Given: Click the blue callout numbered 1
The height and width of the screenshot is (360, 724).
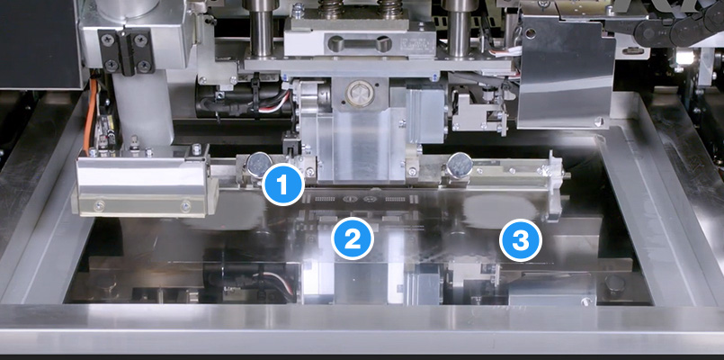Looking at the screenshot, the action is [x=282, y=184].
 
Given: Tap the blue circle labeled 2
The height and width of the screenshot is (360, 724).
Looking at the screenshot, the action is [x=353, y=238].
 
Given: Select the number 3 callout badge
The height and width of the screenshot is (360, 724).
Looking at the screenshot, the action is [x=521, y=240].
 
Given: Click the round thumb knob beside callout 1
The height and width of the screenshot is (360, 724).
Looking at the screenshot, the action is [x=259, y=165].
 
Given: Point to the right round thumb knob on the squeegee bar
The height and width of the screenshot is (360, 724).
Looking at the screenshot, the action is [x=460, y=166].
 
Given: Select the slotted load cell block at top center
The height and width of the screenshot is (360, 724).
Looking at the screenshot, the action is [x=359, y=44].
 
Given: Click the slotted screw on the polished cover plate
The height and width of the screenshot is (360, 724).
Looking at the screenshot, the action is [x=599, y=122].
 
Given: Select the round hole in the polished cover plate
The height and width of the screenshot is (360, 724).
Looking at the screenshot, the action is [x=531, y=33].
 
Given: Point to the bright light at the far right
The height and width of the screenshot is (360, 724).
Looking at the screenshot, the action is [x=684, y=58].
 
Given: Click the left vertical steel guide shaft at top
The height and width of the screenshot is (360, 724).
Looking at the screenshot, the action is [x=262, y=29].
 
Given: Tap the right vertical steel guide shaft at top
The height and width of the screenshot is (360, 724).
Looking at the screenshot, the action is [x=459, y=29].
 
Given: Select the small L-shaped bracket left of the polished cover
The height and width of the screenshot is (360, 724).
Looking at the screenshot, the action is [x=478, y=111].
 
